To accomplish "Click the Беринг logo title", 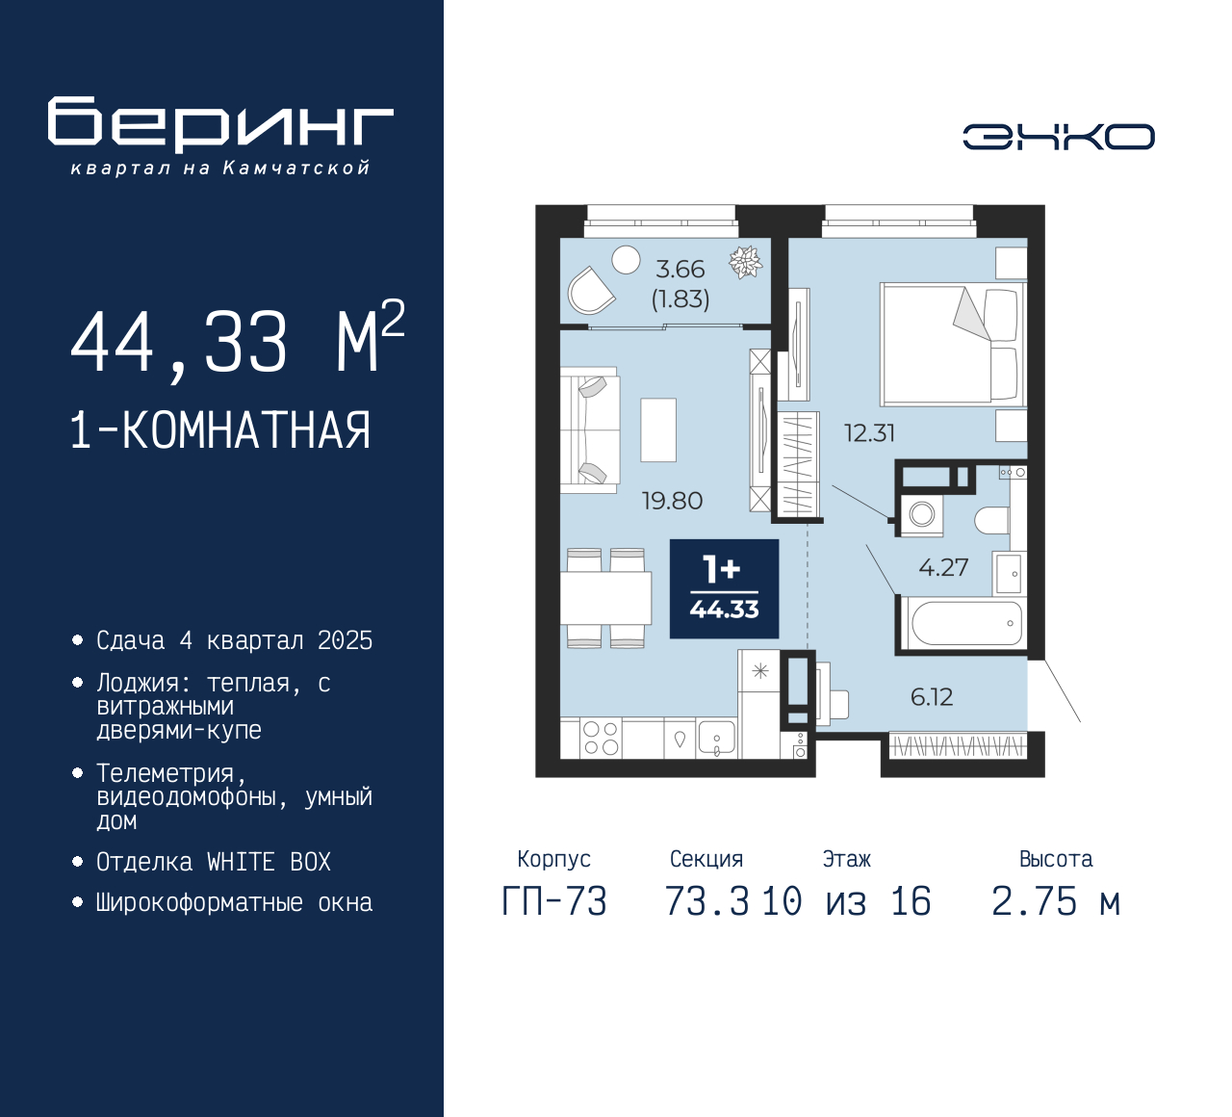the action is tap(220, 124).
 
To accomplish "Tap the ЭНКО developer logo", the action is tap(1058, 137).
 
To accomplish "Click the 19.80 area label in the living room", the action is tap(672, 501).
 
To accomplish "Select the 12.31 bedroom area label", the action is tap(869, 433).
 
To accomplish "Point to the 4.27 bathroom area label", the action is tap(943, 567).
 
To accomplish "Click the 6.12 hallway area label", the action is tap(932, 697).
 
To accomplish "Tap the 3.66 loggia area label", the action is tap(680, 269).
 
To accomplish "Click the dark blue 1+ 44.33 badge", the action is tap(724, 588).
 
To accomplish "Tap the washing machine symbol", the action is tap(922, 514).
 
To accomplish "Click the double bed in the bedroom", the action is tap(953, 344).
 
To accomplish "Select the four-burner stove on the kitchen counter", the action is tap(601, 738).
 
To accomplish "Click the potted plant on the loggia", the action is tap(746, 262).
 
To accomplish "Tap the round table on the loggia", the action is tap(626, 260).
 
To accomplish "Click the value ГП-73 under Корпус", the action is tap(554, 901).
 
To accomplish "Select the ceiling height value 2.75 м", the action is tap(1056, 901).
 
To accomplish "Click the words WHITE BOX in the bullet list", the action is tap(269, 862).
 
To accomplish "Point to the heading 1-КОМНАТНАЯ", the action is tap(220, 429).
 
